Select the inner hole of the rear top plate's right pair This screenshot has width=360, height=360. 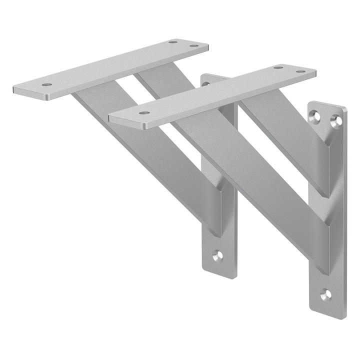pyautogui.click(x=173, y=42)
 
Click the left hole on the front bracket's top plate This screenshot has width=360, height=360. pyautogui.click(x=144, y=113)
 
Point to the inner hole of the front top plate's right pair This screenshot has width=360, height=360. pyautogui.click(x=278, y=66)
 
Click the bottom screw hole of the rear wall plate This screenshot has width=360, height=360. pyautogui.click(x=217, y=255)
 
